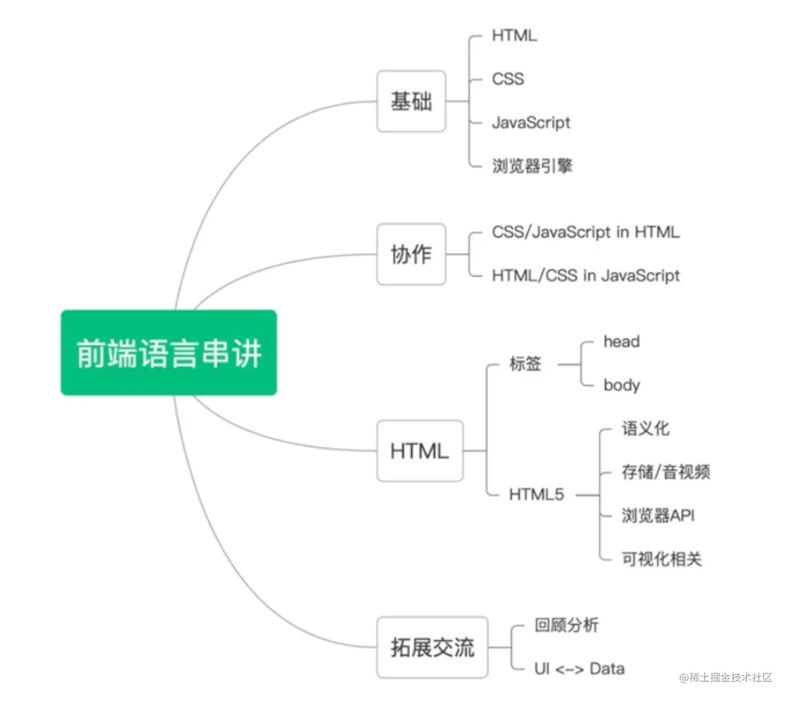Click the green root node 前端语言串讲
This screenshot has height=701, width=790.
click(168, 353)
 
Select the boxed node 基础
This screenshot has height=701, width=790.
click(411, 101)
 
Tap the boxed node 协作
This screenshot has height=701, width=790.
click(411, 254)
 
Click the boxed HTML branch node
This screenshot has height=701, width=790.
click(419, 451)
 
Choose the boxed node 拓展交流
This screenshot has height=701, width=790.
click(432, 647)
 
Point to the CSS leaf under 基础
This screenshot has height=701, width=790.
click(508, 79)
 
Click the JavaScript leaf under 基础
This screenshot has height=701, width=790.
click(531, 122)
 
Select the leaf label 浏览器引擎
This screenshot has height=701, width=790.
click(532, 166)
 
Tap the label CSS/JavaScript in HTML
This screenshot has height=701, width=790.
click(585, 232)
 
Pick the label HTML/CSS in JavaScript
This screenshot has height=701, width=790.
click(585, 275)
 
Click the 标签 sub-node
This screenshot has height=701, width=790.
click(525, 364)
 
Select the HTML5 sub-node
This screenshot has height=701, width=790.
click(536, 495)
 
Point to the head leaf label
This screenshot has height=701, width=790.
click(621, 342)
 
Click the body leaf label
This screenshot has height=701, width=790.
click(621, 385)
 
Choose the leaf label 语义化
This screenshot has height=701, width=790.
click(645, 428)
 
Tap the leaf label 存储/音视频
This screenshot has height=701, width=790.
click(665, 472)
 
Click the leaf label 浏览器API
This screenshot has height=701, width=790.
click(658, 515)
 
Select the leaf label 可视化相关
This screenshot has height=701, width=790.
click(661, 559)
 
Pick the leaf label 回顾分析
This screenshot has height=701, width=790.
click(566, 625)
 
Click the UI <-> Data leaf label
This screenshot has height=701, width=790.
click(579, 669)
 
